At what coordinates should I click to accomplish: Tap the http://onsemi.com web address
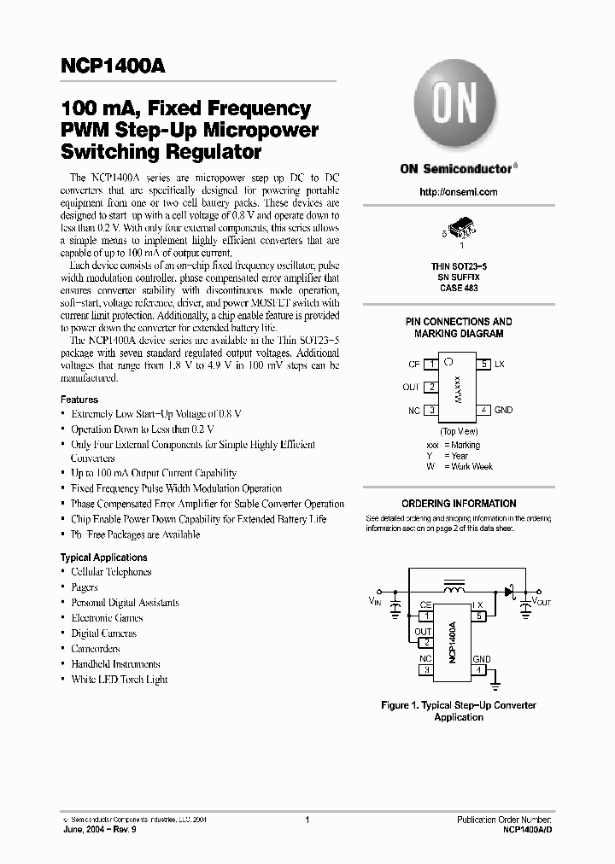coord(458,192)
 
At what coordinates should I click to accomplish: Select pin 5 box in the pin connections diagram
coord(483,365)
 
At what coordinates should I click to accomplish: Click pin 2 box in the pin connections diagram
coord(431,387)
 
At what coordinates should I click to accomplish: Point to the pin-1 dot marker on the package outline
coord(448,363)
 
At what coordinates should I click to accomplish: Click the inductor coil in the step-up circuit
coord(453,588)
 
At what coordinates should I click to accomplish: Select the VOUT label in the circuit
coord(542,602)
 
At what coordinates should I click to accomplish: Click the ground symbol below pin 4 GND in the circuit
coord(494,683)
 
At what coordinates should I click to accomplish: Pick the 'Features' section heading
coord(79,400)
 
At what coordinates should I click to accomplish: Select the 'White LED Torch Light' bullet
coord(119,680)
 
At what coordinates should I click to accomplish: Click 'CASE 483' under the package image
coord(458,289)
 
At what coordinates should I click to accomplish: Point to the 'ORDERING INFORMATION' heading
coord(459,504)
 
